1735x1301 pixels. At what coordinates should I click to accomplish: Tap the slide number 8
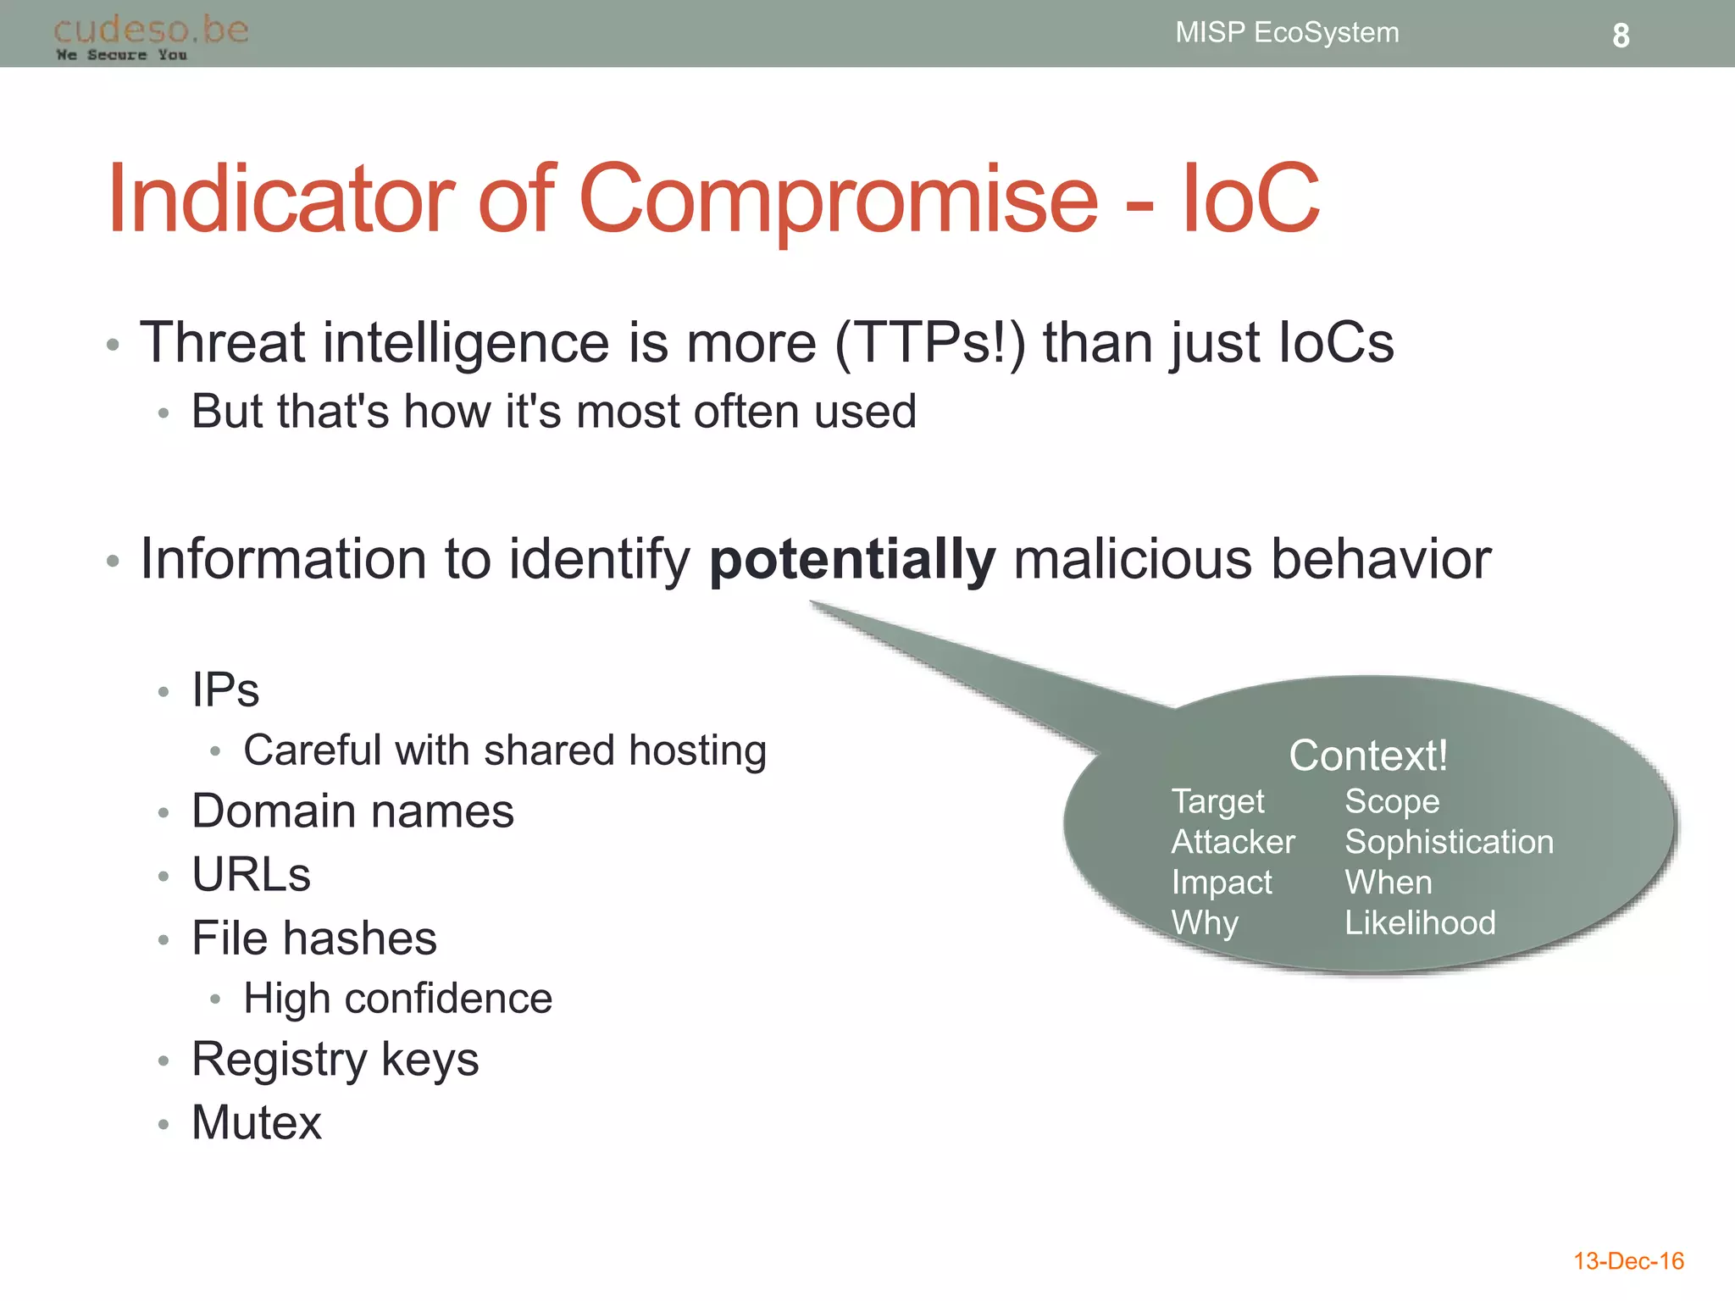coord(1620,36)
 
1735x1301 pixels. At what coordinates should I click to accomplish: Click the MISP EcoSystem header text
coord(1286,33)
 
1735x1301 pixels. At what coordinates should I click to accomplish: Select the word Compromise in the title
coord(838,201)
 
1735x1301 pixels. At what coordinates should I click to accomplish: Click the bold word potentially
coord(851,560)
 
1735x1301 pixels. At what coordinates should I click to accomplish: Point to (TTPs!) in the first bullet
coord(929,343)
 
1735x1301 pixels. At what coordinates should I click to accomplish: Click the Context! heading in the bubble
coord(1367,755)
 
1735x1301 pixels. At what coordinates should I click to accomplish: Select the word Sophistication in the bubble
coord(1449,842)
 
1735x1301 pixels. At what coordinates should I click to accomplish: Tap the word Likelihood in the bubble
coord(1420,922)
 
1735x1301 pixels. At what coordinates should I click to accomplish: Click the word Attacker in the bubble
coord(1233,842)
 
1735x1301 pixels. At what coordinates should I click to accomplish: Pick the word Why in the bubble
coord(1205,922)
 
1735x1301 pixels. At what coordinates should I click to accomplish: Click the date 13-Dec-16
coord(1627,1261)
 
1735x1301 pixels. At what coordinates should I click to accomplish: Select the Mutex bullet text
coord(257,1123)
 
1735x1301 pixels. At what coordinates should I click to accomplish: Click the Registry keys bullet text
coord(335,1060)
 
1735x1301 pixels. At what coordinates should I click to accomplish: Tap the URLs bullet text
coord(252,874)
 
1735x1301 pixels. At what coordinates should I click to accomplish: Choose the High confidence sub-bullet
coord(397,999)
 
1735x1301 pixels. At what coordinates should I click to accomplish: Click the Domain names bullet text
coord(352,811)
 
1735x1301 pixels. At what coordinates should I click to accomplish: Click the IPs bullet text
coord(225,689)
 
